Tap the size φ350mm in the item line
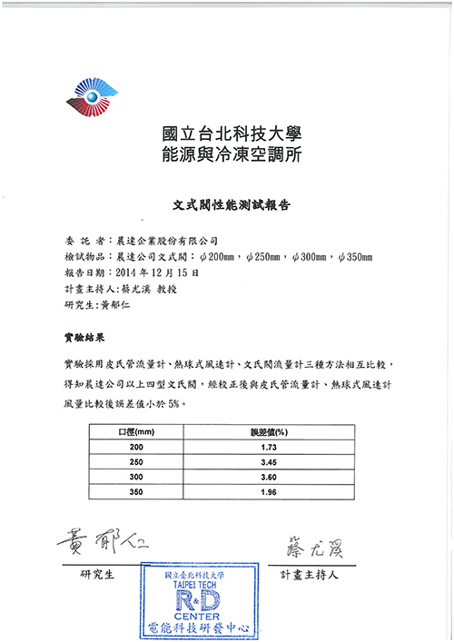[x=355, y=257]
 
